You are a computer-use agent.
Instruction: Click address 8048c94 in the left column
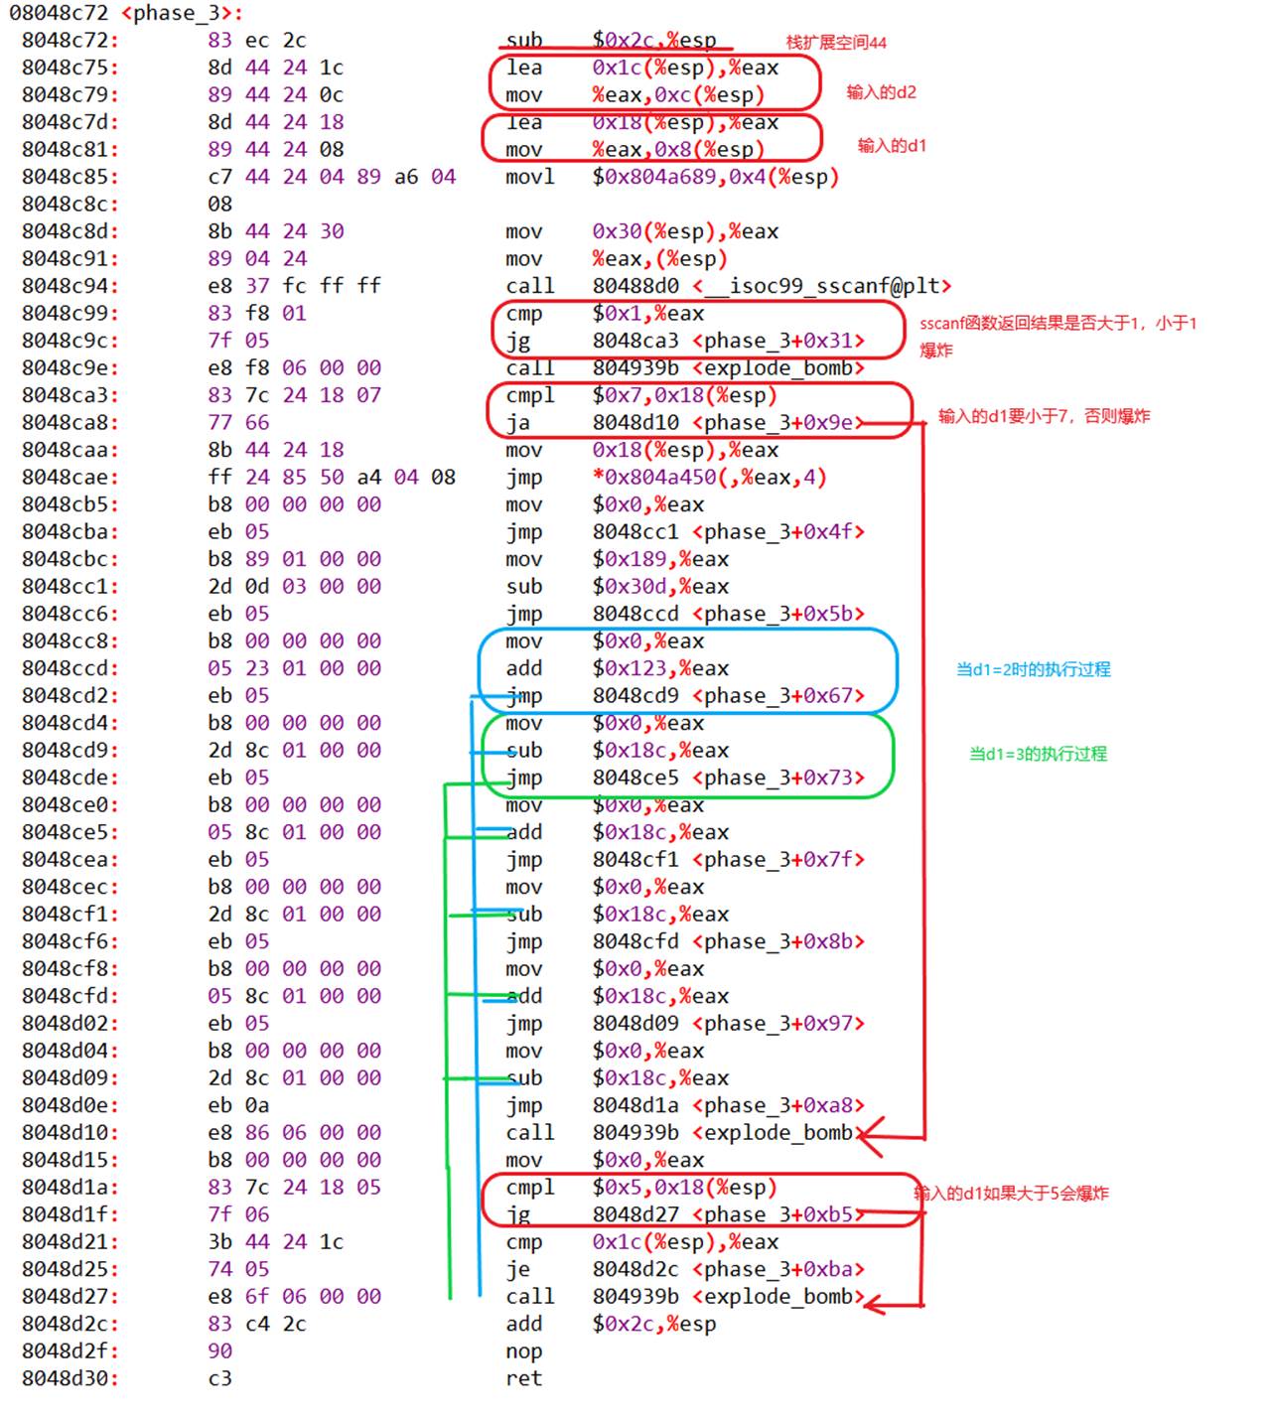pyautogui.click(x=70, y=286)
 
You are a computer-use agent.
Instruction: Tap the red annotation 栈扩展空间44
pyautogui.click(x=836, y=43)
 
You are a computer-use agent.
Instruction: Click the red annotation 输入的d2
pyautogui.click(x=881, y=92)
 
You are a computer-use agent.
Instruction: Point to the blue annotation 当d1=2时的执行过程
pyautogui.click(x=1033, y=669)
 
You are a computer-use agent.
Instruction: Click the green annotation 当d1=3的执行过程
pyautogui.click(x=1038, y=754)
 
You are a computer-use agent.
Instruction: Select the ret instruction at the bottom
pyautogui.click(x=523, y=1378)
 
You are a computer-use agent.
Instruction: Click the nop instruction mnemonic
pyautogui.click(x=523, y=1351)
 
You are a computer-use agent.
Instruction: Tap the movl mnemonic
pyautogui.click(x=529, y=177)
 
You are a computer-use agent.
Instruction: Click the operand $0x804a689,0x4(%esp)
pyautogui.click(x=715, y=177)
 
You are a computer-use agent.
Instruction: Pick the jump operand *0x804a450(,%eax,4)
pyautogui.click(x=709, y=477)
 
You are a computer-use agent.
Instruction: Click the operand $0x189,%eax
pyautogui.click(x=660, y=559)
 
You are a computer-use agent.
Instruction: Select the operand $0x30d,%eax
pyautogui.click(x=660, y=587)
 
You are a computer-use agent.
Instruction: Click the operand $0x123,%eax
pyautogui.click(x=660, y=668)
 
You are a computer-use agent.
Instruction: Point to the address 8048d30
pyautogui.click(x=70, y=1378)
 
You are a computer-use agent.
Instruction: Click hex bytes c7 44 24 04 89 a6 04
pyautogui.click(x=332, y=177)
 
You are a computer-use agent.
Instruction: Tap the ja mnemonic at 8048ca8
pyautogui.click(x=518, y=423)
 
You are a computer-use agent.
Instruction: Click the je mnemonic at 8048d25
pyautogui.click(x=518, y=1269)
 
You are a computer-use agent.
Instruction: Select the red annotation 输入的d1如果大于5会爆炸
pyautogui.click(x=1011, y=1193)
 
